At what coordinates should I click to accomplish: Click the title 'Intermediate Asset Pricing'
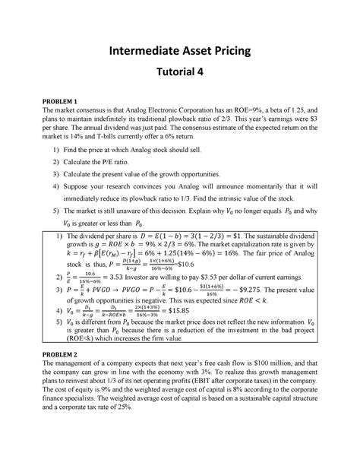pyautogui.click(x=180, y=52)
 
